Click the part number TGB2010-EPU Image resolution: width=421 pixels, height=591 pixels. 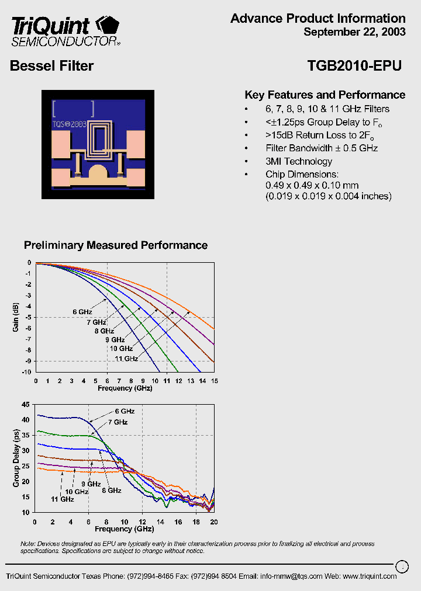coord(354,66)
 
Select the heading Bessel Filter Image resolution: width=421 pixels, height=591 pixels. coord(51,66)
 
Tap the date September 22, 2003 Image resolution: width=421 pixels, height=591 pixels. coord(354,32)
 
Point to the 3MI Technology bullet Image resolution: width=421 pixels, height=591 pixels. coord(299,161)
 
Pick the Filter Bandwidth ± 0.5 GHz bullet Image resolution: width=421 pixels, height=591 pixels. coord(322,148)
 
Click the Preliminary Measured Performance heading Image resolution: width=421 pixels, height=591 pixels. coord(116,245)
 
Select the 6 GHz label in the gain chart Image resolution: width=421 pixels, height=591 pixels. coord(82,312)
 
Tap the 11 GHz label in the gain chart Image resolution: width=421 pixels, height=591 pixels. coord(126,359)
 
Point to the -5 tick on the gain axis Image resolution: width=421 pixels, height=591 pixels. coord(28,318)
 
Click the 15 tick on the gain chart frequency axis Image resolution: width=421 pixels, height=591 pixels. coord(214,381)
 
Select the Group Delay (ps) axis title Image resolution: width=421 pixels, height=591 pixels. coord(16,458)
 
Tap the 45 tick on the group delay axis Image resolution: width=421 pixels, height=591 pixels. coord(25,404)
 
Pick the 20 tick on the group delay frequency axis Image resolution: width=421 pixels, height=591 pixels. coord(214,522)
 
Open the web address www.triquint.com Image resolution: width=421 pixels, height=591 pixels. coord(370,576)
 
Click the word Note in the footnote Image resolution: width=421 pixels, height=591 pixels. coord(27,544)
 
